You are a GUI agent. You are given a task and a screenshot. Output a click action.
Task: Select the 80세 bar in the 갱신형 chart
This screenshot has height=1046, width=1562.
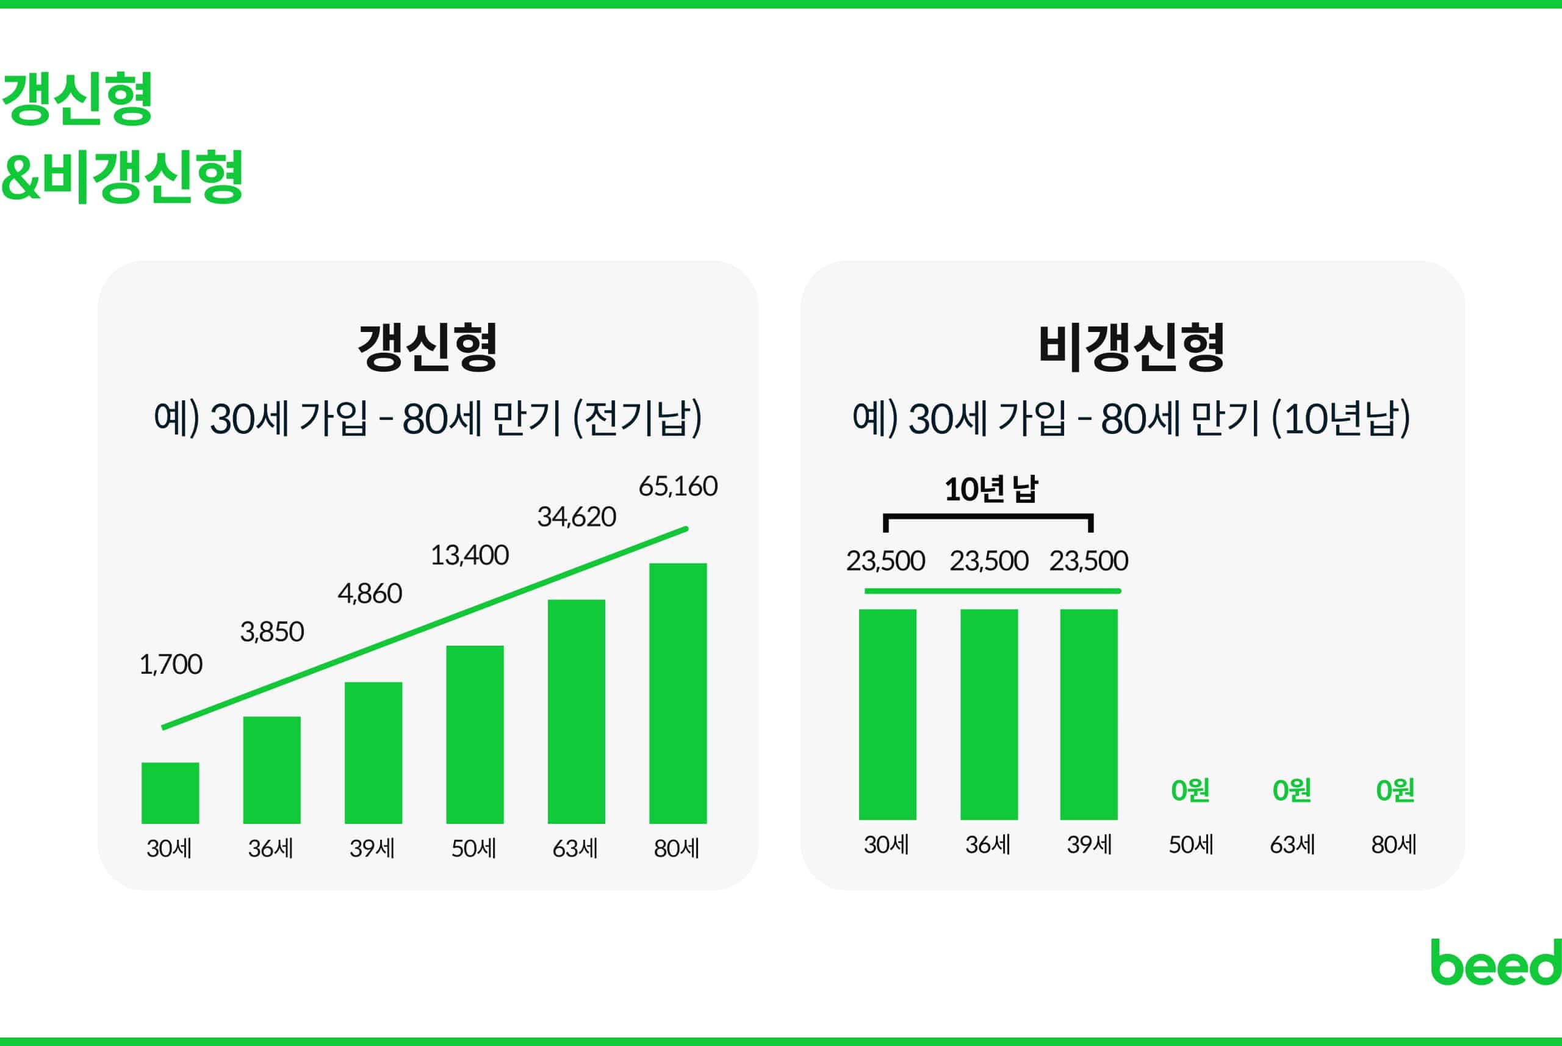[678, 693]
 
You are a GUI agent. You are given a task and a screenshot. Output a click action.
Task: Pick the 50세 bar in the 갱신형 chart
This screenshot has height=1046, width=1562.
[475, 734]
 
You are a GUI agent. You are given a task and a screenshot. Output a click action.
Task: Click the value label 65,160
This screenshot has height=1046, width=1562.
[678, 486]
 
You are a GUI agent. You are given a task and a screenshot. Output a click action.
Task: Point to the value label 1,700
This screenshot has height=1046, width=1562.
[171, 665]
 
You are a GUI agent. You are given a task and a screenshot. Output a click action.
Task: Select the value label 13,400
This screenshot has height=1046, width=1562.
[470, 555]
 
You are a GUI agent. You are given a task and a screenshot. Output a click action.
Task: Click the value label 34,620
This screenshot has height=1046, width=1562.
[576, 517]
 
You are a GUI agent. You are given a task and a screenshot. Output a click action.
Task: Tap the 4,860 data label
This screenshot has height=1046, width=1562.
[370, 594]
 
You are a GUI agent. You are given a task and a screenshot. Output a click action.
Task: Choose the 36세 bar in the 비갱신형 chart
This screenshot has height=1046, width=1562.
[989, 714]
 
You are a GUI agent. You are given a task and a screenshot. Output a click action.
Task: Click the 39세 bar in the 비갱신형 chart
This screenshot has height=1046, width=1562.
[1089, 714]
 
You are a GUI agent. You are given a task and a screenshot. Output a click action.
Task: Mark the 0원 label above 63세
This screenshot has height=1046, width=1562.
[1292, 790]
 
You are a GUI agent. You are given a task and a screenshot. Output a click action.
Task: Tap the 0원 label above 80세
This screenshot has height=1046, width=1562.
[1395, 790]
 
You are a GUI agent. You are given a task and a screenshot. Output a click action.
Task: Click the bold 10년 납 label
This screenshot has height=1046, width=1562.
[991, 489]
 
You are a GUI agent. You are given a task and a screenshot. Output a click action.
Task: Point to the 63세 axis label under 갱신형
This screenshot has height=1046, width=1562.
[575, 848]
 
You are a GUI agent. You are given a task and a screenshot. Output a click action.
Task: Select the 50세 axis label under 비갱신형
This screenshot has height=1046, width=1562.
[1190, 845]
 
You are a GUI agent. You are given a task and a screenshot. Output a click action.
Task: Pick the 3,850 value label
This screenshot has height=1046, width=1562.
[272, 632]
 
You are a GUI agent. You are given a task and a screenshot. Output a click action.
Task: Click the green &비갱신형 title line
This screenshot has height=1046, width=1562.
[122, 177]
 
